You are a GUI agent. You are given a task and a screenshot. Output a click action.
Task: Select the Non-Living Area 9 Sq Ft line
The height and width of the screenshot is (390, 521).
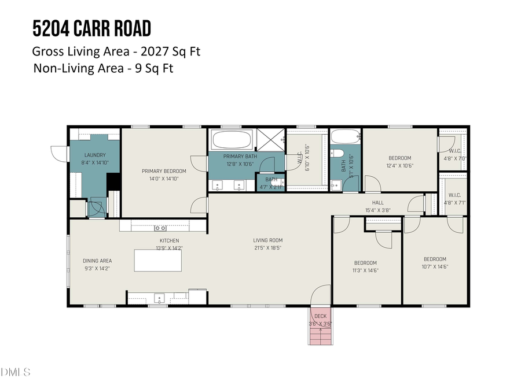coord(103,68)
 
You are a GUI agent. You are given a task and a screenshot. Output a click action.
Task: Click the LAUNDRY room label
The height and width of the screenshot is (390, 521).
coord(95,155)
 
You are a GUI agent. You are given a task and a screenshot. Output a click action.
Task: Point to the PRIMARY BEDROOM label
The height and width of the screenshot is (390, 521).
coord(164,171)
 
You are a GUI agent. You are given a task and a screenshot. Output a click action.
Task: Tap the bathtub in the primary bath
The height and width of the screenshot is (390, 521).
coord(232,140)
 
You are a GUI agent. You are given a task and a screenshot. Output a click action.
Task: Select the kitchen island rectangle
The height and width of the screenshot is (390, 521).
coord(157,260)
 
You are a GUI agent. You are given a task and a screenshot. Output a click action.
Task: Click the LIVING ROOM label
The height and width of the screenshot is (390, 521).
coord(267,240)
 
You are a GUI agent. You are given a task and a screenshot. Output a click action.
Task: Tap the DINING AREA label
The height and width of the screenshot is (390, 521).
coord(97,261)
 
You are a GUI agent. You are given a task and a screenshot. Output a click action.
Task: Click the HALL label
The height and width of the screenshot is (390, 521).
coord(378,202)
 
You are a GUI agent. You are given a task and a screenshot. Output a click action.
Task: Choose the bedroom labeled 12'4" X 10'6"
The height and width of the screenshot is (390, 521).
coord(399,162)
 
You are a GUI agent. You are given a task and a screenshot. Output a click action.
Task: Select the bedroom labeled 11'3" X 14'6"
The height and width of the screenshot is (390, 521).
coord(365,266)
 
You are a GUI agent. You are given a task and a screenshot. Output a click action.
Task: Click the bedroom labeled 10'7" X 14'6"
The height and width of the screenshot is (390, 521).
coord(435,263)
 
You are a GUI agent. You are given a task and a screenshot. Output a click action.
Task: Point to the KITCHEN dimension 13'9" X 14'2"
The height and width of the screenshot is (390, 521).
coord(169,248)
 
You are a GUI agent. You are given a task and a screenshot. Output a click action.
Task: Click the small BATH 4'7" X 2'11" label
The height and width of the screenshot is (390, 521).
coord(271,183)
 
